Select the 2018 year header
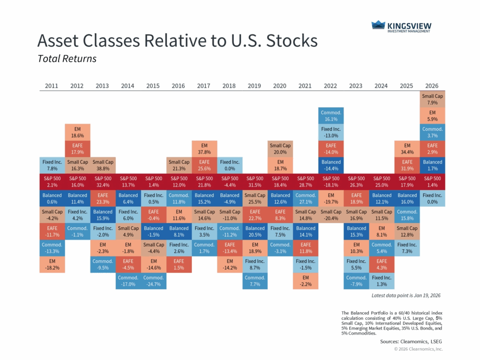(229, 86)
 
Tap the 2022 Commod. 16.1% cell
(330, 116)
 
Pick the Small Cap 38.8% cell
(102, 165)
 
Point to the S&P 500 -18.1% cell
(330, 181)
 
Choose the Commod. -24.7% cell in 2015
(153, 280)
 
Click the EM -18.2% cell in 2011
(52, 264)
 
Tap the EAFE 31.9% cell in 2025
(407, 165)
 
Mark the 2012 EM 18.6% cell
(77, 132)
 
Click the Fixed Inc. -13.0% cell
(330, 132)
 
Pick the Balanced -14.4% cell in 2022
(330, 165)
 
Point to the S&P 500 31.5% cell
(255, 181)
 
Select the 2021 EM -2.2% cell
(305, 280)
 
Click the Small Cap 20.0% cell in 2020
(280, 148)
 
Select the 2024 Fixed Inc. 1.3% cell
(382, 280)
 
